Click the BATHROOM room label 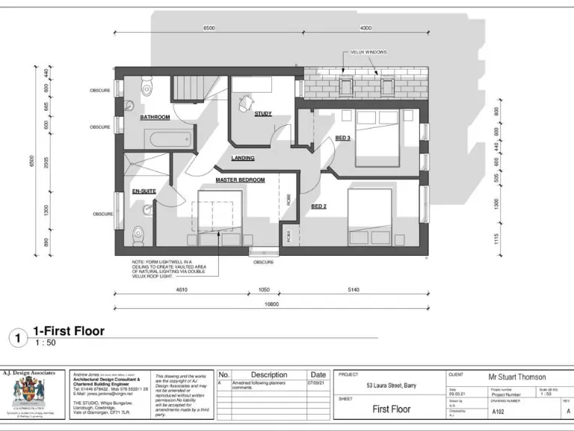tap(155, 117)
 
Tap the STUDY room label tap(263, 114)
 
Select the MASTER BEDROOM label tap(240, 180)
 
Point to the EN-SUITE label tap(144, 192)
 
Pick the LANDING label tap(243, 158)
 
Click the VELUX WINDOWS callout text tap(368, 52)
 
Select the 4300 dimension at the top tap(365, 28)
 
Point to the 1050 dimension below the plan tap(263, 289)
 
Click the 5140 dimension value tap(354, 289)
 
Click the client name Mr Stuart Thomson tap(516, 377)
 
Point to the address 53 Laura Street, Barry tap(391, 385)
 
